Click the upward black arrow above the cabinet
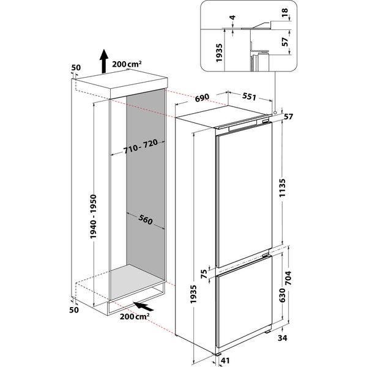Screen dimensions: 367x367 [x=104, y=60]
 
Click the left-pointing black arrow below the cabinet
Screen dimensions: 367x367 [x=143, y=304]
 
